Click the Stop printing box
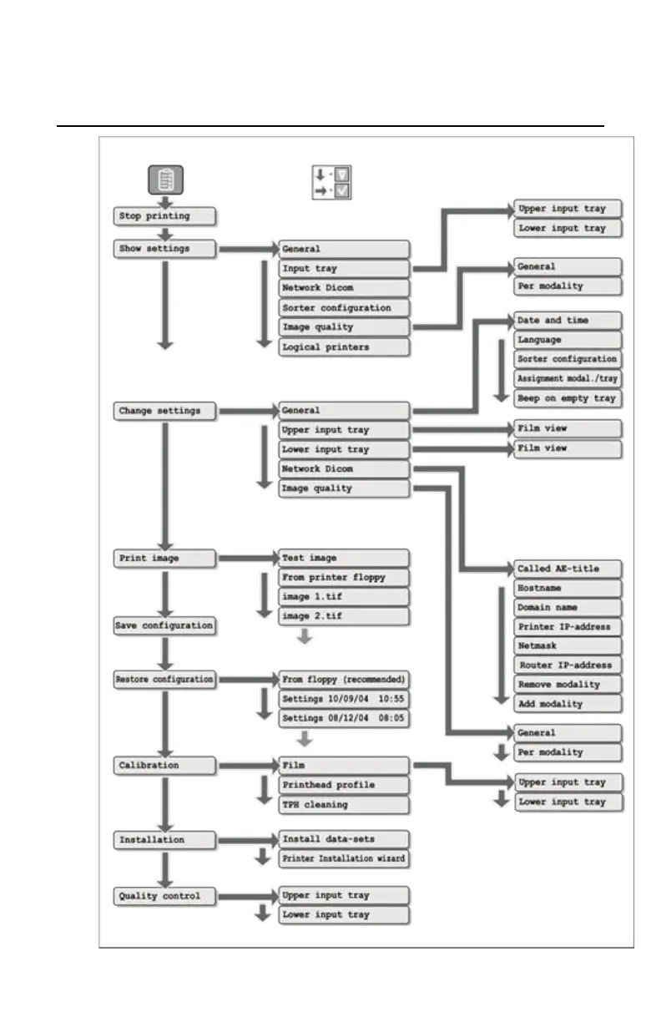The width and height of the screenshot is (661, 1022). (x=164, y=216)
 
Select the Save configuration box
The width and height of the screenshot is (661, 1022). (x=164, y=625)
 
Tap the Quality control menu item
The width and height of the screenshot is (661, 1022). (x=164, y=897)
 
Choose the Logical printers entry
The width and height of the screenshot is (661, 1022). (x=344, y=347)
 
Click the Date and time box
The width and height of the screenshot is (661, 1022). (x=568, y=321)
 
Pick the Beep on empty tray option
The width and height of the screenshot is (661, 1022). (x=568, y=398)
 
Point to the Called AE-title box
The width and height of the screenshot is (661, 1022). (x=568, y=569)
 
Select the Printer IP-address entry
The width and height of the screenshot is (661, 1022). (x=568, y=627)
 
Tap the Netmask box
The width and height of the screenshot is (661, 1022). (x=568, y=646)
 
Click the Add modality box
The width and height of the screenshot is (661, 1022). (x=568, y=704)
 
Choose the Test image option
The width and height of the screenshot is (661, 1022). (x=344, y=559)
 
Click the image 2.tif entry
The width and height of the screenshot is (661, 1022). (x=344, y=616)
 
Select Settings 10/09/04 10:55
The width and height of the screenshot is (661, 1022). (x=344, y=698)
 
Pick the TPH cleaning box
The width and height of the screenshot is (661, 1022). (x=344, y=805)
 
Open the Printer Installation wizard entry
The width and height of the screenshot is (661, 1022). (x=344, y=858)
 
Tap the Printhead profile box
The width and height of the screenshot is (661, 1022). (x=344, y=786)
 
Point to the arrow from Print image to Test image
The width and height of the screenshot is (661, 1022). (x=247, y=559)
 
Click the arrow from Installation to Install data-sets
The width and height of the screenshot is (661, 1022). (x=247, y=839)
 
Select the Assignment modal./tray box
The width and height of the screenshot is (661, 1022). (x=568, y=379)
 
